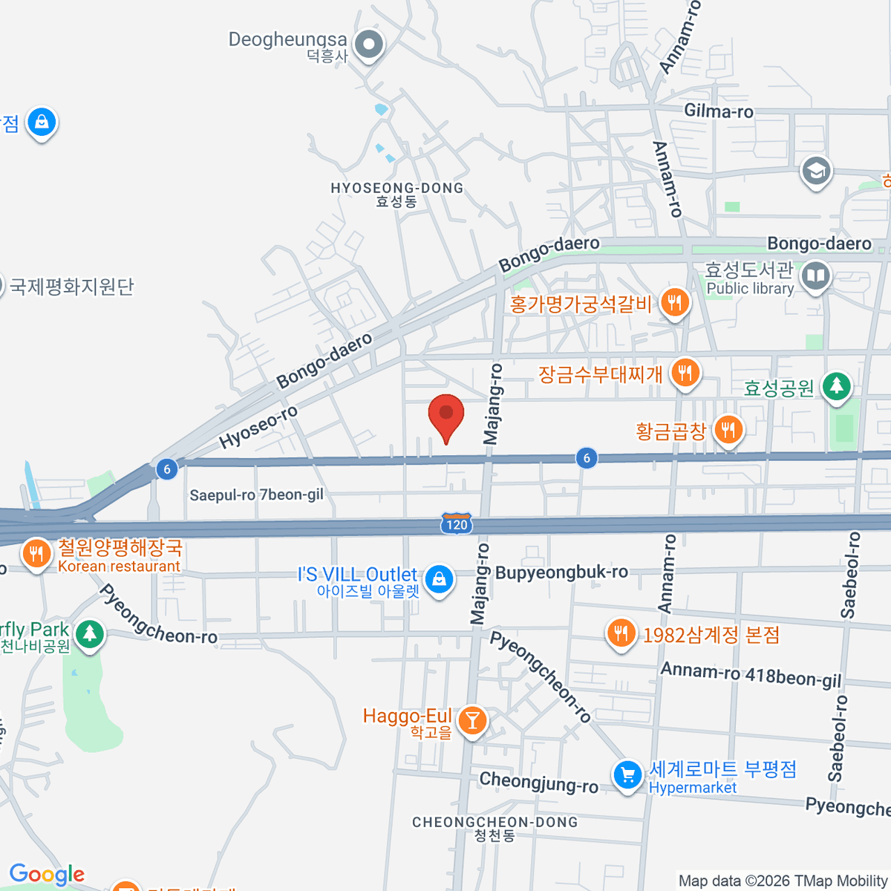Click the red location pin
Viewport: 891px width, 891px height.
pyautogui.click(x=446, y=414)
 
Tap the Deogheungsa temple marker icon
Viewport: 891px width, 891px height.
pyautogui.click(x=368, y=45)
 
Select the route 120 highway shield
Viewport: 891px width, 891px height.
pyautogui.click(x=456, y=524)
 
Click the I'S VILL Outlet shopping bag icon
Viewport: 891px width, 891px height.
pyautogui.click(x=439, y=578)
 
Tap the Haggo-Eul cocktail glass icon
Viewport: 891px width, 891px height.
pyautogui.click(x=471, y=719)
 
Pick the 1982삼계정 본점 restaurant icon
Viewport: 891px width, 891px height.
pyautogui.click(x=621, y=633)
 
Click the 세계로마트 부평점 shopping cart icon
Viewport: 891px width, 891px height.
pyautogui.click(x=627, y=775)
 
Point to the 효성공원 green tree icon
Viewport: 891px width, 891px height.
pyautogui.click(x=837, y=385)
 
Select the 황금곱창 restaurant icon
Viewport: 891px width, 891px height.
pyautogui.click(x=728, y=429)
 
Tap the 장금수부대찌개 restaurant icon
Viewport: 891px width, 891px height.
pyautogui.click(x=685, y=371)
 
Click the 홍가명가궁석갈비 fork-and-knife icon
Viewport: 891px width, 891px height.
pyautogui.click(x=674, y=302)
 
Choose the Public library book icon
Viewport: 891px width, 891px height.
pyautogui.click(x=816, y=276)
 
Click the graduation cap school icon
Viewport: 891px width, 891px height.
pyautogui.click(x=816, y=172)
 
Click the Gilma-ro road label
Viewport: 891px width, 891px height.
pyautogui.click(x=718, y=111)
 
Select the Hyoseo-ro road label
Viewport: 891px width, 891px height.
pyautogui.click(x=258, y=427)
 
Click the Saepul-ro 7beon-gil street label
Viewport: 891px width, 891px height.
pyautogui.click(x=256, y=495)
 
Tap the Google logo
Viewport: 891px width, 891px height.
pyautogui.click(x=47, y=874)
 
